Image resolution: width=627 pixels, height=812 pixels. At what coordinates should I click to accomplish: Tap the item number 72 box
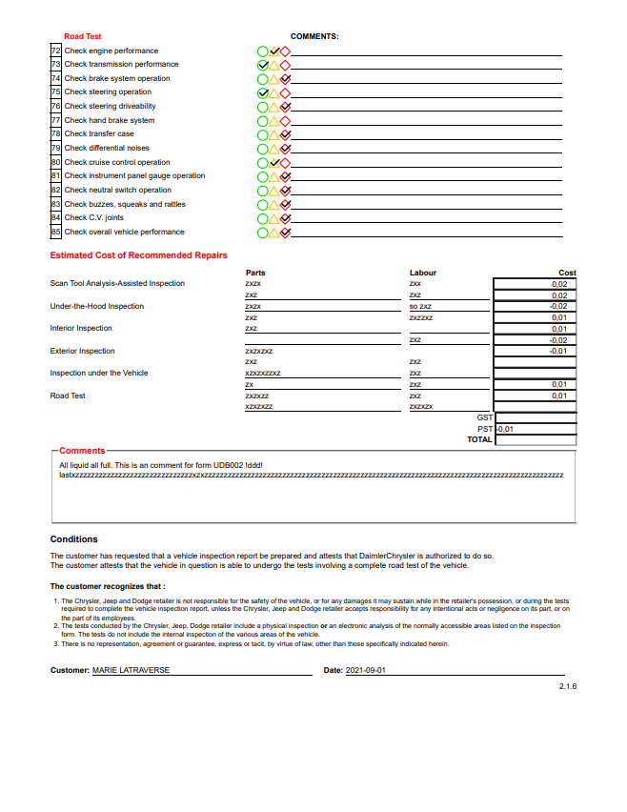[56, 51]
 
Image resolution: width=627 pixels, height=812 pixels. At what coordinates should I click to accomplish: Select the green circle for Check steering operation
[262, 92]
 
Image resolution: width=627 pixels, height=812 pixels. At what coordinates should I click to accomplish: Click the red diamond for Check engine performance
[285, 51]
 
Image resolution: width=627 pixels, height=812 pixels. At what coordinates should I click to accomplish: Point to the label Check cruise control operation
[117, 162]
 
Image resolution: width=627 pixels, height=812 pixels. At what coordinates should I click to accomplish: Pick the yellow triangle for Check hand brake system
[273, 121]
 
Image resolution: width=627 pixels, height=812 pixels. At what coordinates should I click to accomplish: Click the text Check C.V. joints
[93, 218]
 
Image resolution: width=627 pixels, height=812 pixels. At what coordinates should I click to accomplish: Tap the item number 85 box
[56, 232]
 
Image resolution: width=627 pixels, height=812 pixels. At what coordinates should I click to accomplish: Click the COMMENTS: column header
[314, 36]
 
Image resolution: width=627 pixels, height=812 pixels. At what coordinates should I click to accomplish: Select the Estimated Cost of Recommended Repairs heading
[138, 255]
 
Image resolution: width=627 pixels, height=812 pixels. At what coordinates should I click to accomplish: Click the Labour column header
[423, 273]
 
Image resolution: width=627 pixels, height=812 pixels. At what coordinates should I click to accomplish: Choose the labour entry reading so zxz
[420, 306]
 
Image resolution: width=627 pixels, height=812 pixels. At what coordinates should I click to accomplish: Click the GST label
[484, 417]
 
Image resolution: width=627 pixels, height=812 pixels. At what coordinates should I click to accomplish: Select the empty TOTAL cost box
[536, 440]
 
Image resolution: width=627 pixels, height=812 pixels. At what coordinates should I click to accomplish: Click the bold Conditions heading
[74, 539]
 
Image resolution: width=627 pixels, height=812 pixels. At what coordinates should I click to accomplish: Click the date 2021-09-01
[366, 671]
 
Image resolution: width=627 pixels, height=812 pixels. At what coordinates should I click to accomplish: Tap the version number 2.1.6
[568, 686]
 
